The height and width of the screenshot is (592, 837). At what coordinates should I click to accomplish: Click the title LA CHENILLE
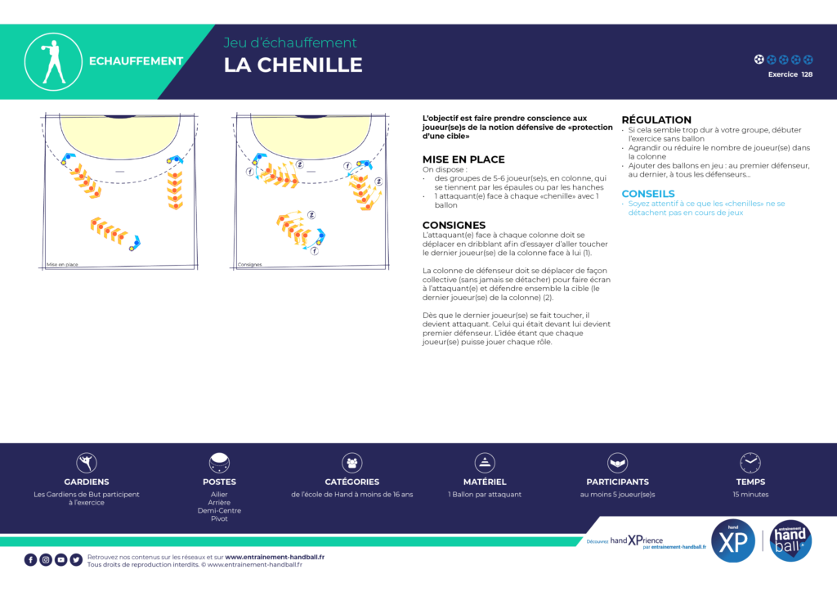tap(293, 65)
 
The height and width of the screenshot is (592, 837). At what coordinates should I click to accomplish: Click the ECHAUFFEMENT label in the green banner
tap(136, 61)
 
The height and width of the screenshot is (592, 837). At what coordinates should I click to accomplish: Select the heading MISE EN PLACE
tap(463, 159)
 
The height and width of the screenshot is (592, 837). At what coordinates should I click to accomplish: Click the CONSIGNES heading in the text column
tap(454, 225)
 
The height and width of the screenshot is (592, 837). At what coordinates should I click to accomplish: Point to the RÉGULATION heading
tap(656, 120)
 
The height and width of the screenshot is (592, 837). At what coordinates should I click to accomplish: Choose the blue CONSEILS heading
tap(648, 194)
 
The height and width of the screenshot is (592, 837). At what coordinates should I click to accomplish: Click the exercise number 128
tap(807, 74)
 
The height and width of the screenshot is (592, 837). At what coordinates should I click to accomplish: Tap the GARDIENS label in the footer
tap(87, 482)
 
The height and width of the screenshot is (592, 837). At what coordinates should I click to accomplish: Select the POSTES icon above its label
tap(219, 463)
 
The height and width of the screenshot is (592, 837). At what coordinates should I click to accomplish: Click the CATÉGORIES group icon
tap(352, 463)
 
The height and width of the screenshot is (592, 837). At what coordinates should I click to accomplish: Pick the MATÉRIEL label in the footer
tap(485, 482)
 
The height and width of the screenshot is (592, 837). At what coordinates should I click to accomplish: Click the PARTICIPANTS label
tap(617, 482)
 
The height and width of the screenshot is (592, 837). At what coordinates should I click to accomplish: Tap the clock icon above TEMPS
tap(750, 463)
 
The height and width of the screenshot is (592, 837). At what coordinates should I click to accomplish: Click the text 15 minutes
tap(750, 494)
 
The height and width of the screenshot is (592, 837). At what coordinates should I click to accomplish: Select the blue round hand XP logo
tap(733, 542)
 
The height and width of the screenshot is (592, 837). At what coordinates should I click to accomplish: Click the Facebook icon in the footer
tap(31, 559)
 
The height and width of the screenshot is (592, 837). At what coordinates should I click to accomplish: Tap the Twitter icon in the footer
tap(76, 559)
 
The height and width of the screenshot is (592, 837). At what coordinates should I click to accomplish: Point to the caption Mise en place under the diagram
tap(62, 264)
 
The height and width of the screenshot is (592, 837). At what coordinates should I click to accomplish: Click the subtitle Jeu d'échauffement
tap(290, 43)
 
